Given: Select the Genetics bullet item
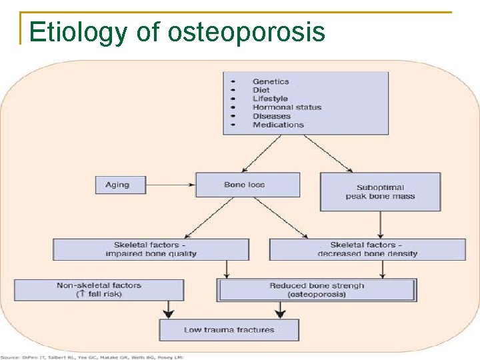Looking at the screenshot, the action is pos(270,81).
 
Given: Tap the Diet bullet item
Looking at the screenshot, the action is pos(261,90).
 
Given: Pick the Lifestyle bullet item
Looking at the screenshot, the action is pos(270,99).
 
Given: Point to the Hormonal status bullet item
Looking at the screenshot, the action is pos(287,107).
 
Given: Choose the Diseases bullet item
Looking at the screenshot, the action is pos(271,116).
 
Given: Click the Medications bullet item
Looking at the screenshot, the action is pos(277,125).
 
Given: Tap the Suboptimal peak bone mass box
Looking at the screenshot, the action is pos(380,192).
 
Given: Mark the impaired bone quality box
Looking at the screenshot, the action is pos(151,249).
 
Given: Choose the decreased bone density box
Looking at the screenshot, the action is pos(367,249).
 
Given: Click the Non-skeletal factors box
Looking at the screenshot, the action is pos(99,290).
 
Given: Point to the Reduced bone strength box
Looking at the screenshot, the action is pos(317,290).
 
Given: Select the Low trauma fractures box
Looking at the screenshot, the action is pos(229,329).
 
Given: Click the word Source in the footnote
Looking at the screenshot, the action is pos(10,357).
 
